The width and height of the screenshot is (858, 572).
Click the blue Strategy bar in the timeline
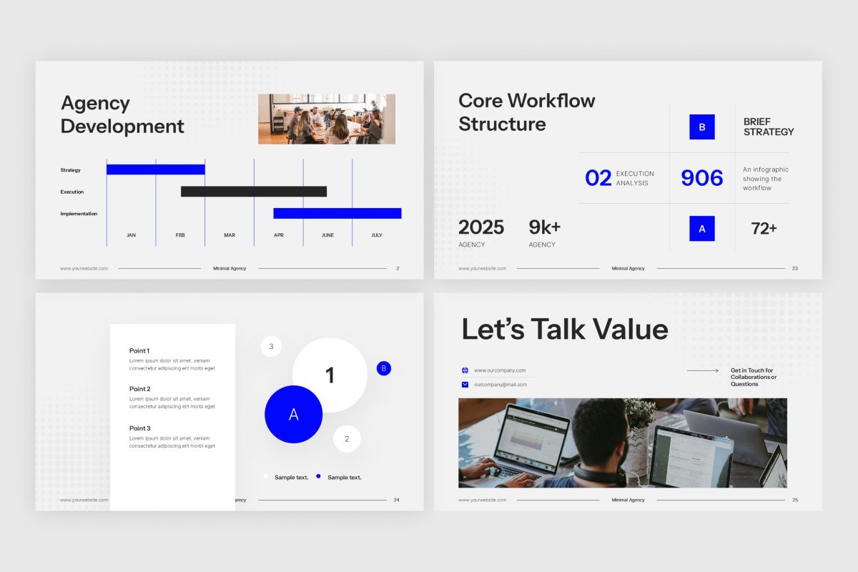coord(156,169)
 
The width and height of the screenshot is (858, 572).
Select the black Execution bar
coord(254,192)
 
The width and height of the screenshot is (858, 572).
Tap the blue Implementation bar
coord(337,213)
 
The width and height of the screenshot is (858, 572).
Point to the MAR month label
coord(230,235)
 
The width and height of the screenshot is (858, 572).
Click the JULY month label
coord(377,235)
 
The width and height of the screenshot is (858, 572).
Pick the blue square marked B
coord(701,127)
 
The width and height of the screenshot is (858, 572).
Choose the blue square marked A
coord(701,229)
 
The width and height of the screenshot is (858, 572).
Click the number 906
coord(701,178)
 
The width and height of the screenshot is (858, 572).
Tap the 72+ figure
coord(764,229)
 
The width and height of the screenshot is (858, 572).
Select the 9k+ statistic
coord(544,227)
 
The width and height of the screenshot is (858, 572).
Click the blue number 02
coord(598,178)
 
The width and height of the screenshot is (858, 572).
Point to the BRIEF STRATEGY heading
coord(769,127)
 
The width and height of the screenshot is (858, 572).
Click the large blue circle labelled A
coord(293,415)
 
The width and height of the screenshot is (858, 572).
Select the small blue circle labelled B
coord(384,368)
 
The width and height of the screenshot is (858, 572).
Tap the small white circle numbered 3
coord(271,347)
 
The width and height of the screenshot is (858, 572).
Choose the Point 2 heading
coord(140,389)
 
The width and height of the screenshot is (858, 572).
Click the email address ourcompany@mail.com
coord(500,385)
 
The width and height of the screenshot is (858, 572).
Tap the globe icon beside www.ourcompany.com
coord(465,370)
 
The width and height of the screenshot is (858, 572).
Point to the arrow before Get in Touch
coord(703,370)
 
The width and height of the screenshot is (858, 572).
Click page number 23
coord(795,269)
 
